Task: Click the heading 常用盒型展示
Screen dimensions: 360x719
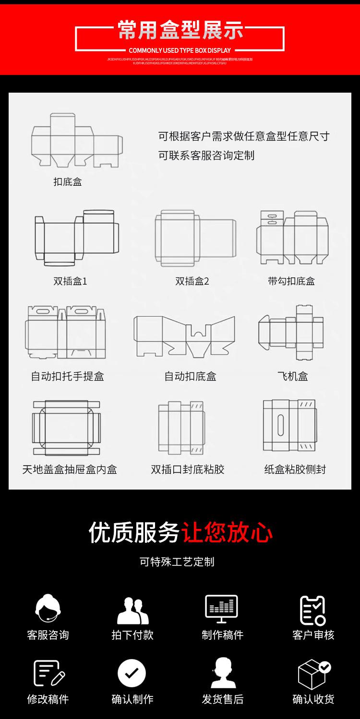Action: pos(180,30)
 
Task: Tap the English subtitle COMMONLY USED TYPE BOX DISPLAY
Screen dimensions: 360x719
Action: pos(180,50)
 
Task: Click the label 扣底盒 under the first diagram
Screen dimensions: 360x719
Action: pos(68,182)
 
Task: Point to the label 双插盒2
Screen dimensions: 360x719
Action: pos(192,281)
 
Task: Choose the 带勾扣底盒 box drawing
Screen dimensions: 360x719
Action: pos(292,237)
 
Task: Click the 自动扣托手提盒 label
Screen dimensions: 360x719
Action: pos(68,376)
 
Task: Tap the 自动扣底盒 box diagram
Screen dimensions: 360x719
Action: pos(184,336)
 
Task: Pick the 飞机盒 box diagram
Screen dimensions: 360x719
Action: pos(291,332)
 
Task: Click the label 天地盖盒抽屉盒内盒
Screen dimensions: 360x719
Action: pos(70,469)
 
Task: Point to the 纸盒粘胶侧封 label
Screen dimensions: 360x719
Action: pos(295,469)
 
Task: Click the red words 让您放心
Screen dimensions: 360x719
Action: pos(227,533)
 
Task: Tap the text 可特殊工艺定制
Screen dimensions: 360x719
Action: pos(177,562)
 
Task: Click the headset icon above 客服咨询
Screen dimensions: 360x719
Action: pos(48,609)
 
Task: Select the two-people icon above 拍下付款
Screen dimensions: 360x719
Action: pos(132,610)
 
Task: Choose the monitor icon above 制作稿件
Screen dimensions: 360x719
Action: pos(221,608)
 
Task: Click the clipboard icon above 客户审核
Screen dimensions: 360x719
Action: pos(313,610)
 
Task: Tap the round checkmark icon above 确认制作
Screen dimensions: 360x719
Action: pos(132,672)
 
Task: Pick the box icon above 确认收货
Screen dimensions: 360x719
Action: pos(314,674)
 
